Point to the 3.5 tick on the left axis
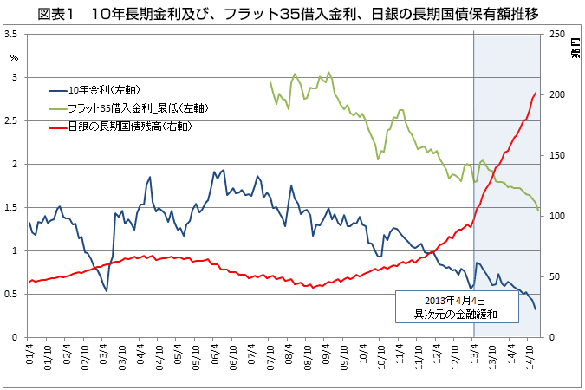tap(12, 35)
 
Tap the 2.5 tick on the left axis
tap(12, 120)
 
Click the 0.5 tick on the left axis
tap(12, 294)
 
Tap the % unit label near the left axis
tap(14, 57)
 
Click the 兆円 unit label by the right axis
tap(573, 47)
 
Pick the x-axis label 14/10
tap(530, 358)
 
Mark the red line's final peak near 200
tap(536, 93)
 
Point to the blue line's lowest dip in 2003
tap(107, 290)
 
